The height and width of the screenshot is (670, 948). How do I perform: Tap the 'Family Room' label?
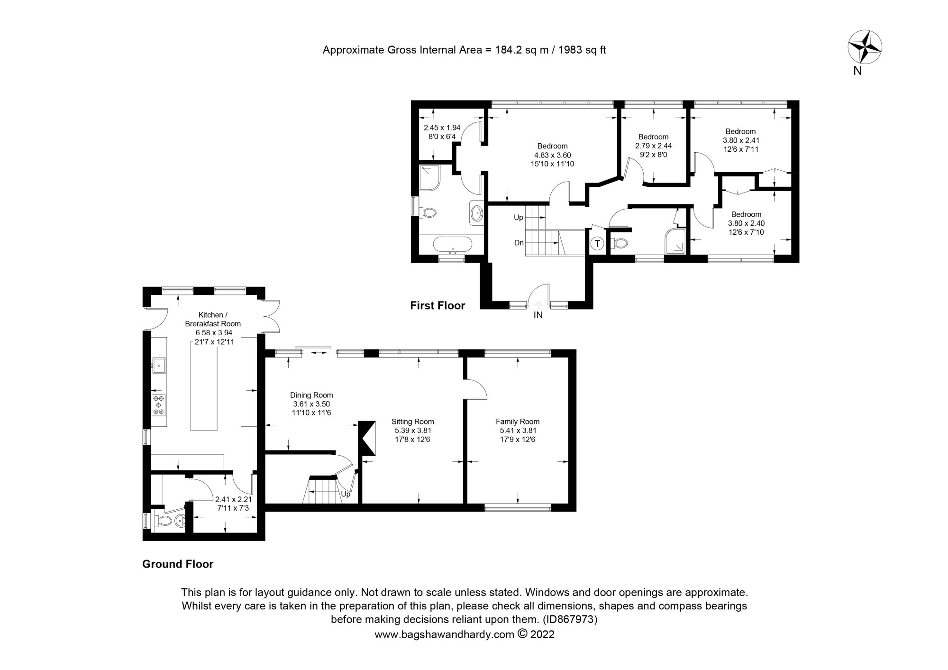518,422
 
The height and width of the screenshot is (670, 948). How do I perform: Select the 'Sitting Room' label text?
412,422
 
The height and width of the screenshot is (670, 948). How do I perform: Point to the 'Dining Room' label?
311,395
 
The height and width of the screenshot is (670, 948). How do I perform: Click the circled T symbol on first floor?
597,244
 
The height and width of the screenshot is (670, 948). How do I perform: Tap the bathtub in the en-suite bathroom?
453,245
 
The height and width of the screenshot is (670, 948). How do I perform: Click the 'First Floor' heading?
438,306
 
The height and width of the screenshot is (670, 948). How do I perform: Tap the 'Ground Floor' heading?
178,564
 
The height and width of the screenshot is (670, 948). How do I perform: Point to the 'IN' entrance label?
538,315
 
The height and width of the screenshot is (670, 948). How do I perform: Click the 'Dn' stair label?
519,243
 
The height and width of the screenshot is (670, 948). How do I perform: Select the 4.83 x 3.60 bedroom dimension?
552,155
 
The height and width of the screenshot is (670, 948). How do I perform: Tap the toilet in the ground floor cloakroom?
164,521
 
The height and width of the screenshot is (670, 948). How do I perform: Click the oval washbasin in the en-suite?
476,212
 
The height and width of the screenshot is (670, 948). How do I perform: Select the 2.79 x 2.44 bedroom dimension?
653,146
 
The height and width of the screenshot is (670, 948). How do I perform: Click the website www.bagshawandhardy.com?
444,634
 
